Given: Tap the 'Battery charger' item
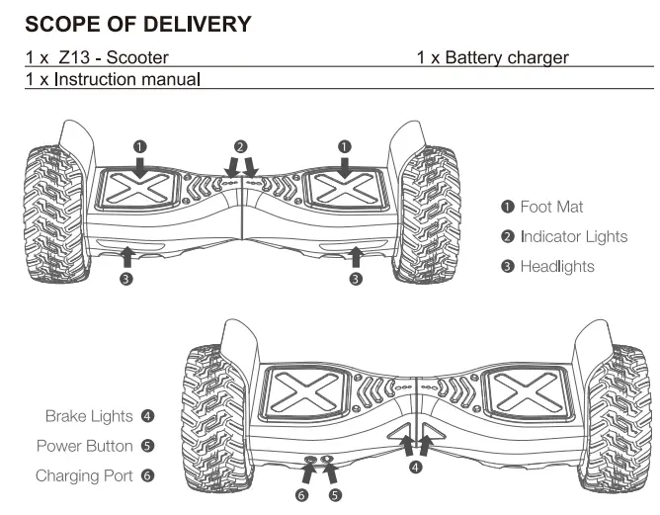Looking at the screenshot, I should click(506, 58).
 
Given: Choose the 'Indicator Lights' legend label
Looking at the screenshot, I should click(574, 236).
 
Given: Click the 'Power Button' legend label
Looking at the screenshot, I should click(84, 446).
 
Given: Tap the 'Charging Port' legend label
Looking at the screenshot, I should click(83, 475).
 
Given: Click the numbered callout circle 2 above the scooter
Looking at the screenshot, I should click(240, 146).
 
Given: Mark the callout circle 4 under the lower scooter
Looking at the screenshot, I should click(416, 468).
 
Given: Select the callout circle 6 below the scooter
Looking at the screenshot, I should click(302, 494).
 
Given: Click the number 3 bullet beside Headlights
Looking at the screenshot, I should click(507, 267).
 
